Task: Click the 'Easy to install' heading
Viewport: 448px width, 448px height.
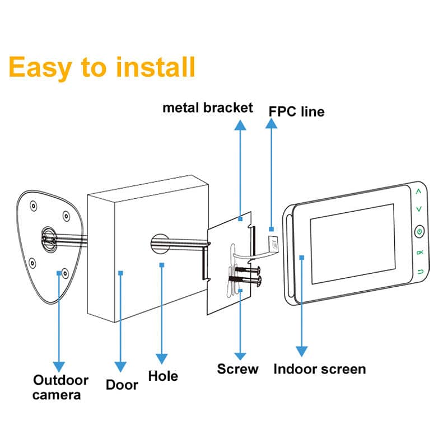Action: (x=102, y=67)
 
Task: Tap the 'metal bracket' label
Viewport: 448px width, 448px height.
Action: (x=208, y=108)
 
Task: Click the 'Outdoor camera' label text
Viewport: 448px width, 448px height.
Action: (x=60, y=388)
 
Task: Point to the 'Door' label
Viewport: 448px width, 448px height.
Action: (x=122, y=385)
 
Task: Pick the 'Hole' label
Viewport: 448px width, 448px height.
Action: (x=163, y=376)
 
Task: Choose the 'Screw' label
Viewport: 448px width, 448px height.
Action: (x=238, y=369)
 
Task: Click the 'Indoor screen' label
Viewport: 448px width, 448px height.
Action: (x=319, y=369)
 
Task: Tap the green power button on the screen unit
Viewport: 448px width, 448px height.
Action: (x=419, y=231)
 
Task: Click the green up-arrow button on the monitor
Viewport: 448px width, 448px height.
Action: (x=418, y=191)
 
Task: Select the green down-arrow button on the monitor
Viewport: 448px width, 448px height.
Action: (x=418, y=209)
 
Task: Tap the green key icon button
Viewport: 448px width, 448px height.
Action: (x=420, y=253)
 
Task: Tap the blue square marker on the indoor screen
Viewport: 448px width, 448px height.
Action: (x=302, y=258)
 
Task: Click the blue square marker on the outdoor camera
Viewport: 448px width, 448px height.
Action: (x=59, y=273)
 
